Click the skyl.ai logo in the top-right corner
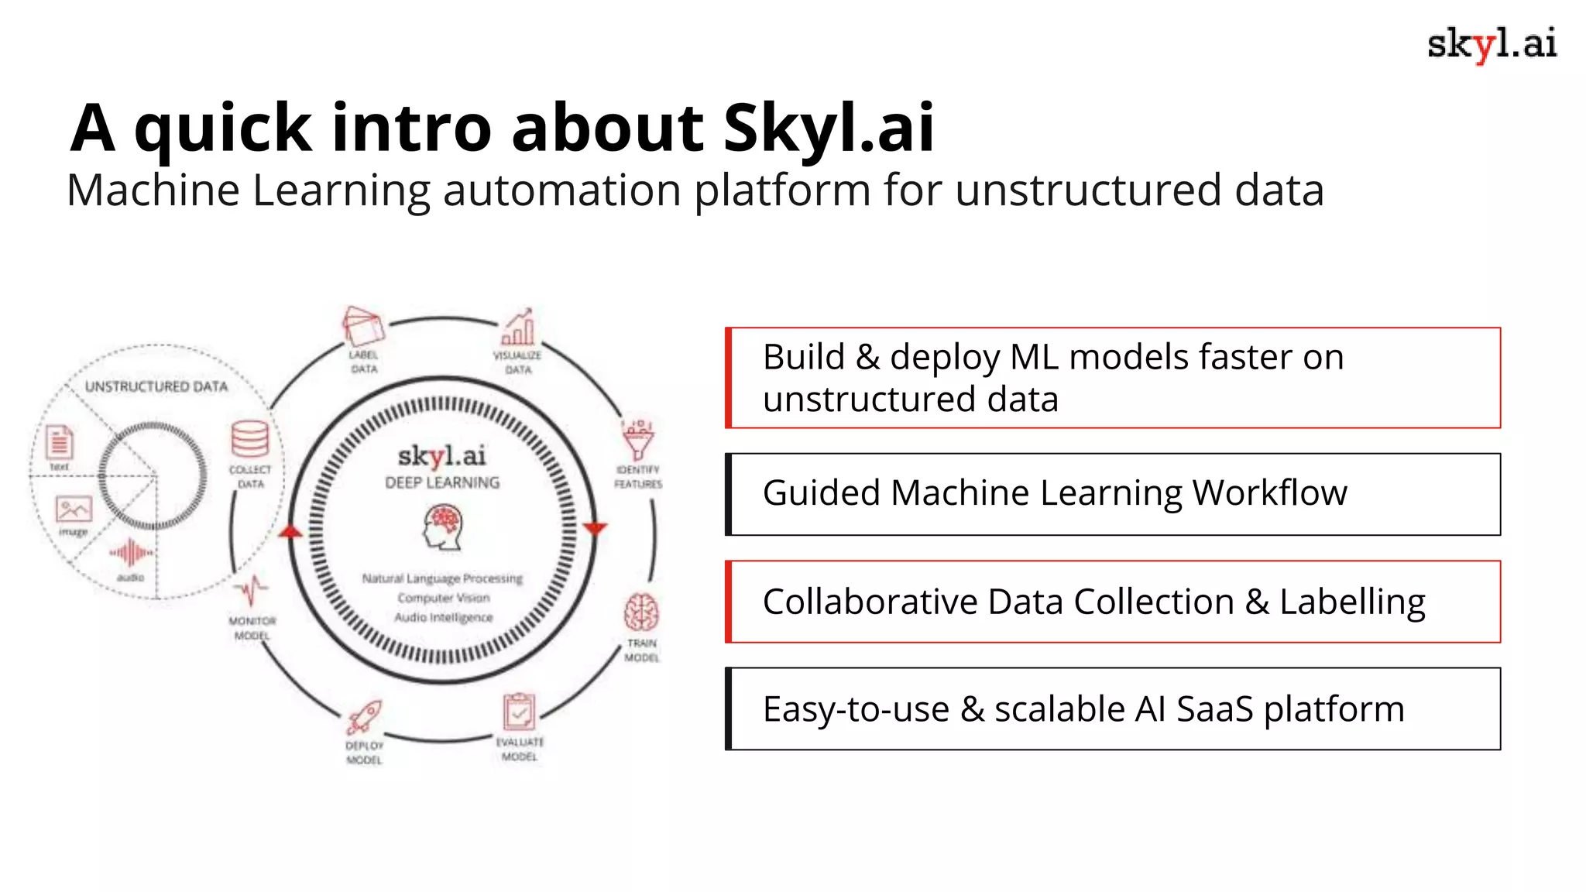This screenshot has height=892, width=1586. click(x=1491, y=44)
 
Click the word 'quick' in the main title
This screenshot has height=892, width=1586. click(x=223, y=129)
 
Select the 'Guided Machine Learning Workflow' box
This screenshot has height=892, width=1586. click(x=1114, y=494)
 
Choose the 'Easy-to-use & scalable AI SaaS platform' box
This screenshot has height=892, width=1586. click(x=1114, y=708)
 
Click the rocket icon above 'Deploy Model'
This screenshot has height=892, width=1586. click(x=363, y=717)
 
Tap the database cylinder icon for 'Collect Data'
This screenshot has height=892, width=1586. click(x=250, y=439)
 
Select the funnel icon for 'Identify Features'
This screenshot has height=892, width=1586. click(x=638, y=440)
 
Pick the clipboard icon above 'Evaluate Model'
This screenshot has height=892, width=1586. click(x=519, y=711)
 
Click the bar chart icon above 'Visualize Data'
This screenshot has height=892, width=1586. click(x=517, y=328)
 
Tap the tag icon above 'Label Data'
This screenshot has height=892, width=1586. click(x=362, y=327)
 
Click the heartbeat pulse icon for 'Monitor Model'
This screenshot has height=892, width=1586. click(x=252, y=591)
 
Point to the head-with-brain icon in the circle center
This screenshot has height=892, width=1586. click(x=443, y=527)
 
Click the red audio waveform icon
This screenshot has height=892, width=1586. click(x=130, y=553)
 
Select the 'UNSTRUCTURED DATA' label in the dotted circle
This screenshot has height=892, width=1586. click(x=156, y=386)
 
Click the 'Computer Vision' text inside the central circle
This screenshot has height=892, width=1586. click(x=444, y=598)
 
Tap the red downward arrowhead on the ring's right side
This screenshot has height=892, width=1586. click(x=595, y=529)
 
